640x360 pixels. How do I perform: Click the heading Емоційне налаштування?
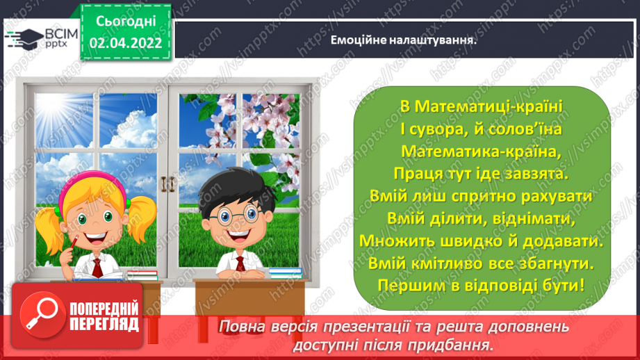404,40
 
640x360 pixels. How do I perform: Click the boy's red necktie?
240,264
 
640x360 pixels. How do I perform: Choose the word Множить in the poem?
390,240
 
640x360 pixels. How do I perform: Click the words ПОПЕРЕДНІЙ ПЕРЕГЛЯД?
105,317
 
